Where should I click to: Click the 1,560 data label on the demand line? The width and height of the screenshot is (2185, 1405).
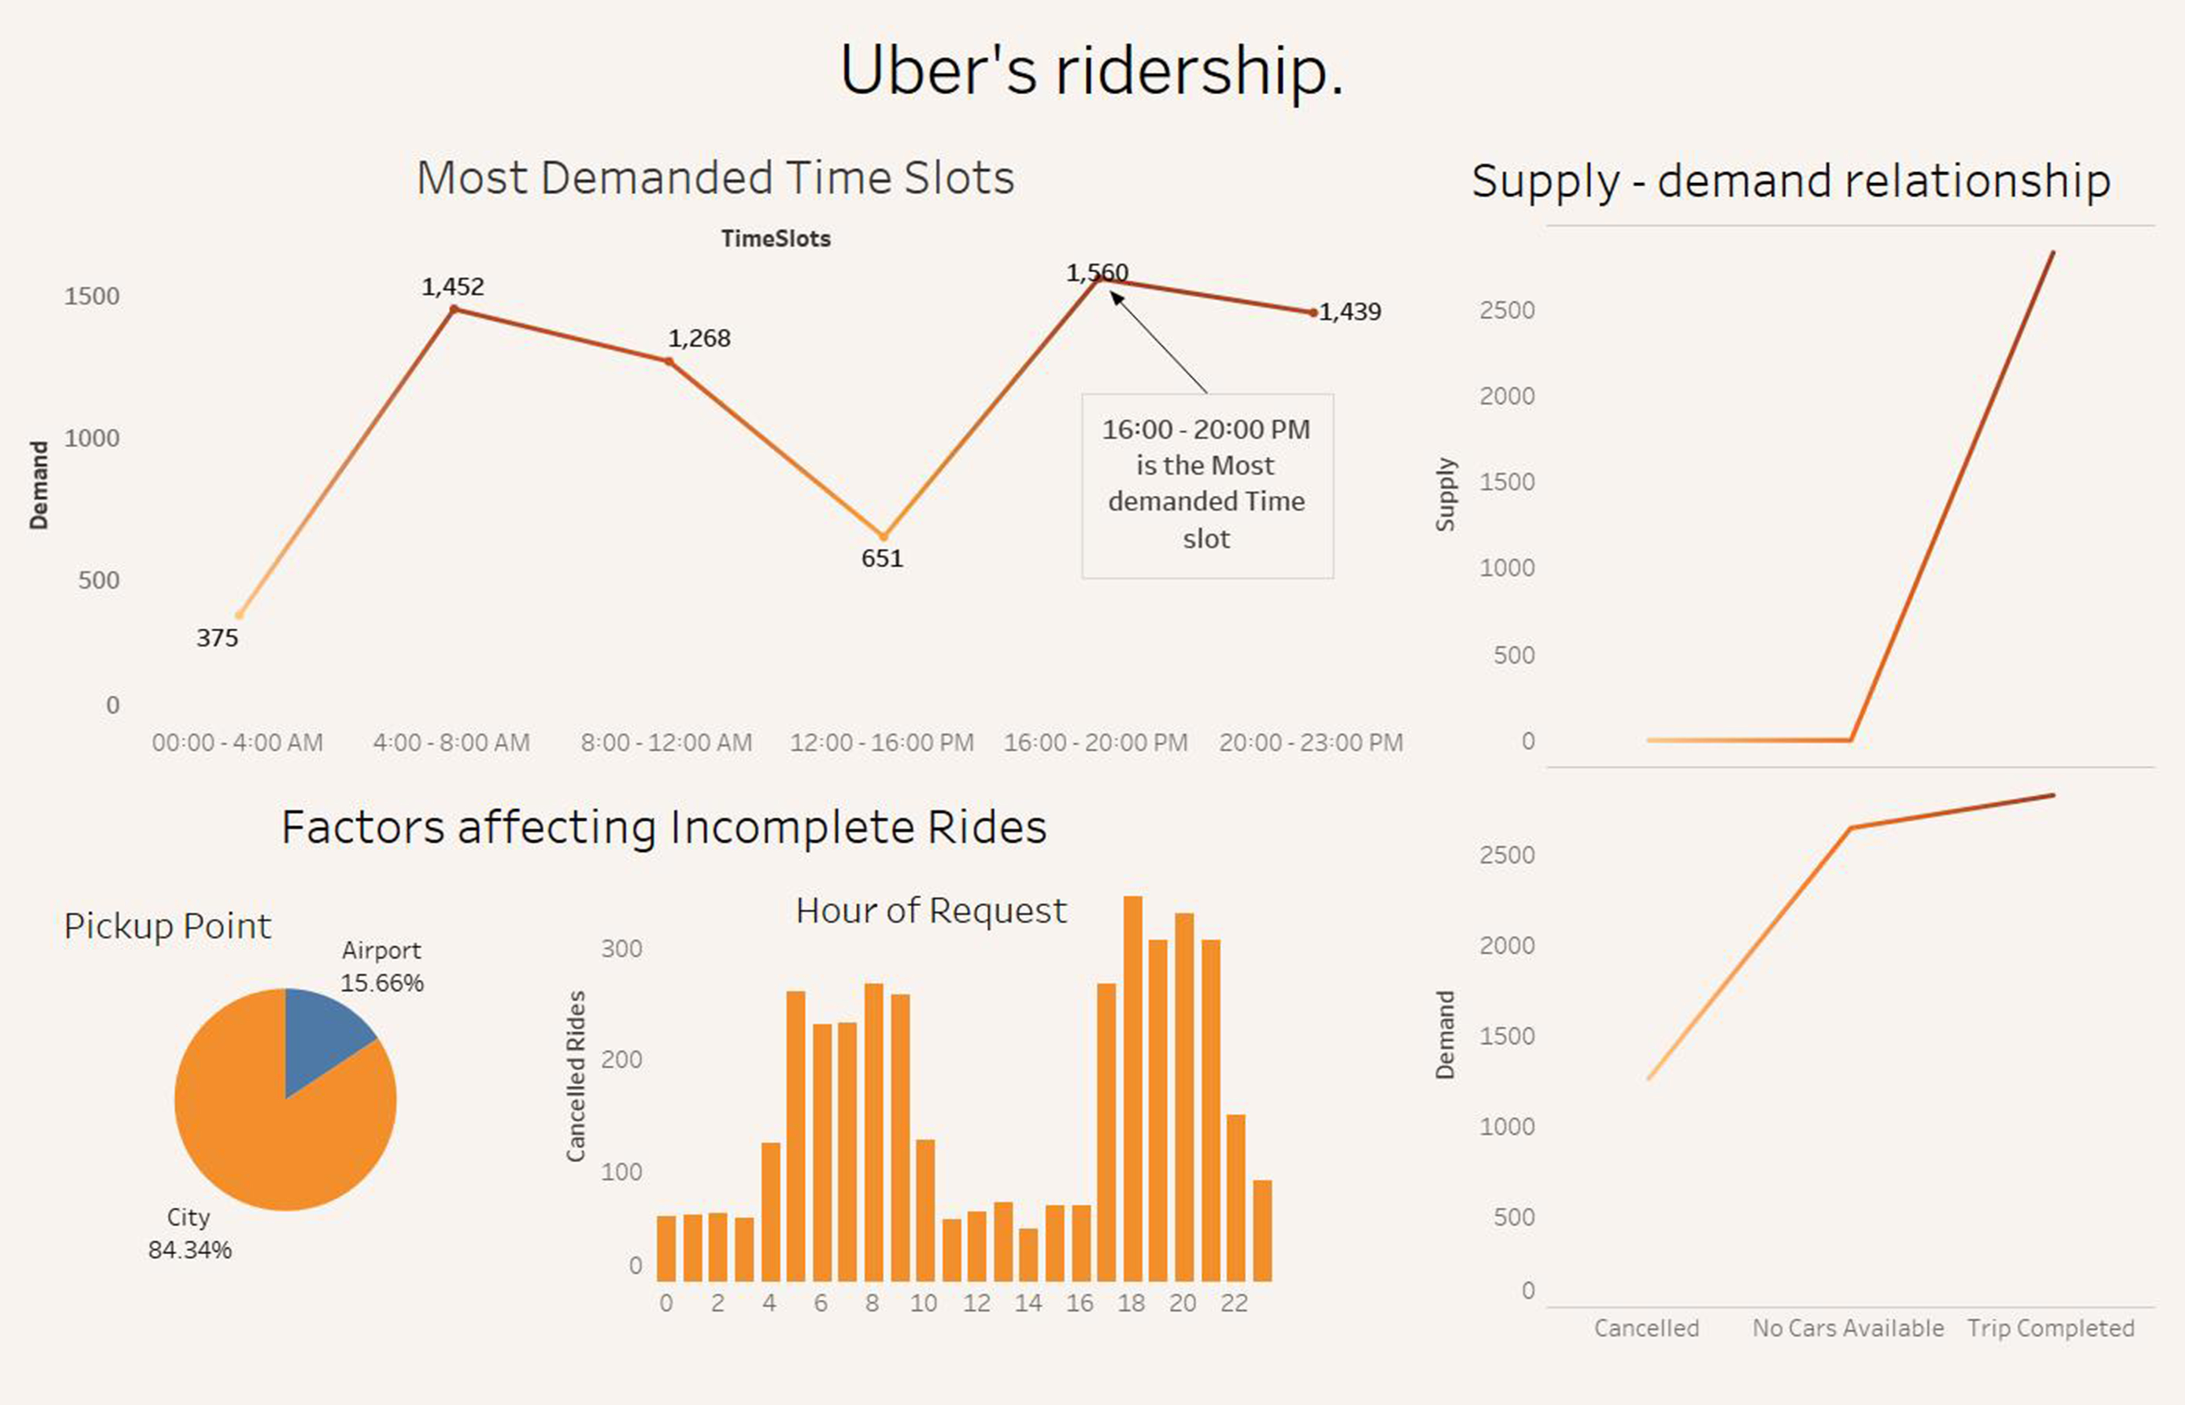[1097, 272]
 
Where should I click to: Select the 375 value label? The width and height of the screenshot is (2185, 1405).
[217, 638]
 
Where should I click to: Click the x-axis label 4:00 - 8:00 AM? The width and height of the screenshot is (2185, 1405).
[451, 743]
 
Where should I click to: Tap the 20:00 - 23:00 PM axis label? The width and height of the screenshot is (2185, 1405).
[1310, 743]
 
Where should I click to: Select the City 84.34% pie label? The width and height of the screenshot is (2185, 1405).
[190, 1234]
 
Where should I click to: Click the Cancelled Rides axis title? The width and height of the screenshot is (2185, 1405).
[576, 1077]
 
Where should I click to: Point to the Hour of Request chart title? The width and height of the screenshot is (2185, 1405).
[930, 911]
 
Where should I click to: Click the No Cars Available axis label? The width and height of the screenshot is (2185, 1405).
[1848, 1328]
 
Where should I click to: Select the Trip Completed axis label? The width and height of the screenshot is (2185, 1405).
[2050, 1328]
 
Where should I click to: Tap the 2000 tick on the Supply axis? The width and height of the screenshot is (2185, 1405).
[1507, 396]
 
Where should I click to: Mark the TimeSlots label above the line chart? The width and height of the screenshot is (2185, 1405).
[775, 239]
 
